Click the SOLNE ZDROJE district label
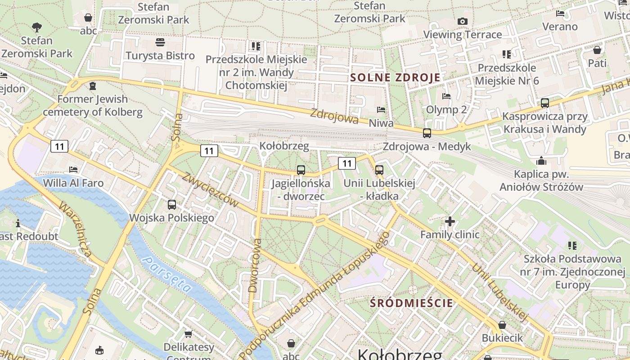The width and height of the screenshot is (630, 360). [395, 77]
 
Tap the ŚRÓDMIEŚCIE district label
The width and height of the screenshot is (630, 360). [411, 303]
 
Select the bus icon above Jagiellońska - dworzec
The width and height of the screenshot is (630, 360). [301, 170]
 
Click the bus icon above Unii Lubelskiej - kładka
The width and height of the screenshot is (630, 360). [379, 170]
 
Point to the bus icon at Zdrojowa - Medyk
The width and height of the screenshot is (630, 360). [427, 133]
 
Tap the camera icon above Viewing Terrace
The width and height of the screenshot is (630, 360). [462, 21]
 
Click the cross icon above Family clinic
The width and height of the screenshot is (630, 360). [450, 221]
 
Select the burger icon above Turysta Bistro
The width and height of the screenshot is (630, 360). [160, 42]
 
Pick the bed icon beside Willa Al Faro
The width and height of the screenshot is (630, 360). [73, 170]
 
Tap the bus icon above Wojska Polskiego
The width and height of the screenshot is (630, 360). [171, 205]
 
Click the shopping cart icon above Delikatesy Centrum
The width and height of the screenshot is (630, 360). [189, 334]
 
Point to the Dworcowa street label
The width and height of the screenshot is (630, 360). [255, 265]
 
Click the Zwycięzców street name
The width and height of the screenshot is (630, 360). [211, 189]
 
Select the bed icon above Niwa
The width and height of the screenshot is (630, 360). [381, 109]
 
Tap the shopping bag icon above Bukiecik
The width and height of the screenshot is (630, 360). [502, 325]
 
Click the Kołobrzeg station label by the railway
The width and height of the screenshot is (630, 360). [284, 146]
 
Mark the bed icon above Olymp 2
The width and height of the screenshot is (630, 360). [446, 96]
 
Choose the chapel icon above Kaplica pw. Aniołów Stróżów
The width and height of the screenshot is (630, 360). [541, 161]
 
